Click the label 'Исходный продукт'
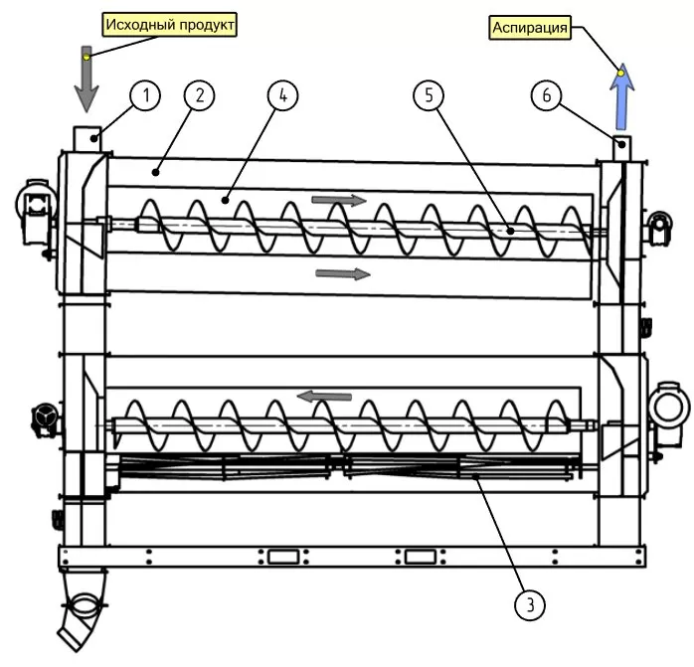170,23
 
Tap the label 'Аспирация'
531,29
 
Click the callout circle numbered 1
145,95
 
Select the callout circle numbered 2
199,95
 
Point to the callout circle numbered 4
282,95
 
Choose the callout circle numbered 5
429,95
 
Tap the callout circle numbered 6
546,95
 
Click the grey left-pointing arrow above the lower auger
325,397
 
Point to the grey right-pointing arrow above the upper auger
339,200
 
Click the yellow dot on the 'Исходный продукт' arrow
87,57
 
